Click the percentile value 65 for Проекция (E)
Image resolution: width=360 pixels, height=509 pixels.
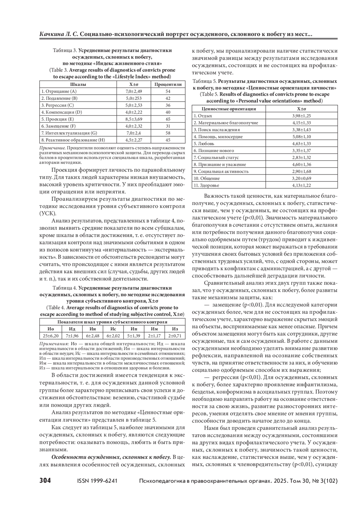168,119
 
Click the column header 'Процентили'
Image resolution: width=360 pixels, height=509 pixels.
168,84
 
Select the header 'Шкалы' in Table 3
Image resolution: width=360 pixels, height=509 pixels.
78,84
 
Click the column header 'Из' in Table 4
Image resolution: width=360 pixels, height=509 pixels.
175,329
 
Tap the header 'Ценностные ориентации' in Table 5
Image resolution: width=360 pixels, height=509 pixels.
229,109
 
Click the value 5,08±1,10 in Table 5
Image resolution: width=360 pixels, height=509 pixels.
301,137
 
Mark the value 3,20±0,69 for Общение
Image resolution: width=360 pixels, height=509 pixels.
301,178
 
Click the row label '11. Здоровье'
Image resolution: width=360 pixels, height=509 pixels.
206,185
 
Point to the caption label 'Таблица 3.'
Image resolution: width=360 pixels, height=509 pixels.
65,50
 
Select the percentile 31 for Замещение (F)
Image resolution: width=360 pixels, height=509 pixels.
168,126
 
